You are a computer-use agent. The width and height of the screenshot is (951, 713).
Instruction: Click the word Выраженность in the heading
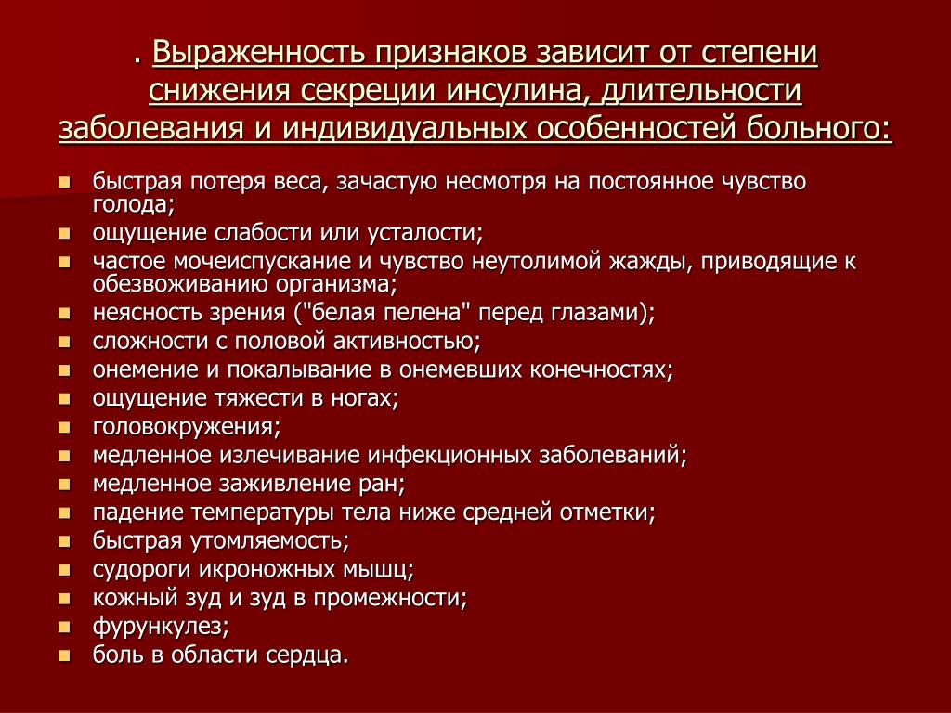(258, 53)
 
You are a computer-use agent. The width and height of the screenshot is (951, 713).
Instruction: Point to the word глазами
(602, 314)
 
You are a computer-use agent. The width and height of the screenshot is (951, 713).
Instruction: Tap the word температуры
(263, 512)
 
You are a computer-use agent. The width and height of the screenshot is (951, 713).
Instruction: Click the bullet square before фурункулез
(65, 627)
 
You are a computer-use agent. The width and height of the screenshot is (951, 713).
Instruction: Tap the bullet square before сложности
(65, 342)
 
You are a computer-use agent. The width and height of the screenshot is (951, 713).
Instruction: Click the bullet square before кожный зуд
(65, 599)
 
